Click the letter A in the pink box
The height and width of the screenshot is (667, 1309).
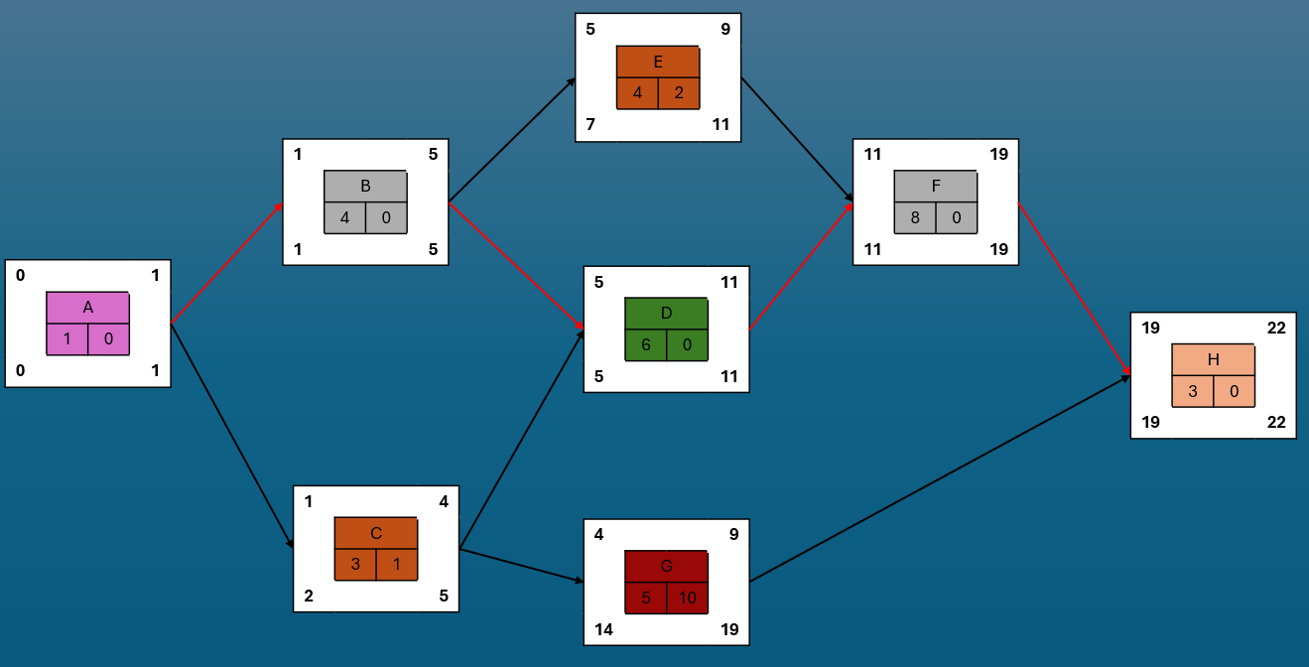pyautogui.click(x=88, y=308)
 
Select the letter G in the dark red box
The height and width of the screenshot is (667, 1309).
pyautogui.click(x=666, y=567)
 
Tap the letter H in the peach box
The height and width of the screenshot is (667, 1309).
pyautogui.click(x=1213, y=359)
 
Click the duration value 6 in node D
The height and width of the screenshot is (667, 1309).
pyautogui.click(x=646, y=344)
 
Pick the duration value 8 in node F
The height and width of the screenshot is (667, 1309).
pyautogui.click(x=915, y=217)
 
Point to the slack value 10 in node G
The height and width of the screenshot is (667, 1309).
pyautogui.click(x=687, y=598)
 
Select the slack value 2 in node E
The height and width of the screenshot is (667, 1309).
pyautogui.click(x=679, y=93)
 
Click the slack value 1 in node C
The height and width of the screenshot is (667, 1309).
pyautogui.click(x=397, y=565)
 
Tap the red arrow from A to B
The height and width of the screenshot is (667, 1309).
pyautogui.click(x=227, y=263)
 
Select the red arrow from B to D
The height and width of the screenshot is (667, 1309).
pyautogui.click(x=516, y=266)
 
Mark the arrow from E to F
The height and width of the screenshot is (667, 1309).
pyautogui.click(x=797, y=139)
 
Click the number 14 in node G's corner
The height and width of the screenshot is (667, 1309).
pyautogui.click(x=603, y=629)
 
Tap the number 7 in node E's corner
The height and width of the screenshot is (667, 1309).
pyautogui.click(x=590, y=124)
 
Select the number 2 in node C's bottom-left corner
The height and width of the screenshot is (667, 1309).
pyautogui.click(x=309, y=597)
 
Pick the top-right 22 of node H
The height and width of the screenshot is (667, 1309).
pyautogui.click(x=1276, y=328)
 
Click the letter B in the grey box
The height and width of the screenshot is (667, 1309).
pyautogui.click(x=365, y=186)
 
